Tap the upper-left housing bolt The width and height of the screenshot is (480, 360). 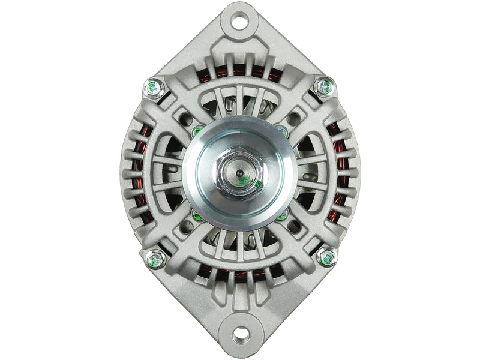(152, 89)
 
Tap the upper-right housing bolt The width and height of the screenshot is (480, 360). (326, 87)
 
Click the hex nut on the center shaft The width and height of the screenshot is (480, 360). (239, 175)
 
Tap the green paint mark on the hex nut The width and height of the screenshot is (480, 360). (257, 184)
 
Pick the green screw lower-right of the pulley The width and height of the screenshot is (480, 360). (282, 214)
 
